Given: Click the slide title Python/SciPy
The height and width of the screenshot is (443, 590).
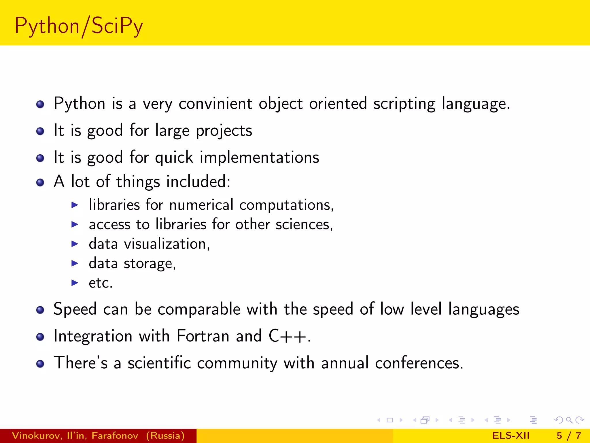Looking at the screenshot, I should point(79,26).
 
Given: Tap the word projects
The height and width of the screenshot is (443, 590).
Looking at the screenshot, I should point(224,131).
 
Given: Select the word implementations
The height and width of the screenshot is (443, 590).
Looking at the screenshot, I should point(259,157).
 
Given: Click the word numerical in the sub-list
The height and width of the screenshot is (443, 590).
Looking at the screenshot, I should point(201,205).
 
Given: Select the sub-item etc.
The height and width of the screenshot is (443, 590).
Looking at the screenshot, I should point(101,283).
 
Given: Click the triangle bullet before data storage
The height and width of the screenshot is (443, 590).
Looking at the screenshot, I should point(75,263).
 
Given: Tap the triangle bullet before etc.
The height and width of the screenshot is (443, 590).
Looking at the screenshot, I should point(75,283).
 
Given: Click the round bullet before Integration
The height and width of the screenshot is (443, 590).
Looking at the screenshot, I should point(40,337).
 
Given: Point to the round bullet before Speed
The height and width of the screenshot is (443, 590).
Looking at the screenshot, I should point(40,310).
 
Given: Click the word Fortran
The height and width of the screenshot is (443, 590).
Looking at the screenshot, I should point(203,336).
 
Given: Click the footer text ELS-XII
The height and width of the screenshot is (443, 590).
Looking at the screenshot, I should point(511,436).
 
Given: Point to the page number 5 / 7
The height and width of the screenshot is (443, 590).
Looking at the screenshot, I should point(569,436).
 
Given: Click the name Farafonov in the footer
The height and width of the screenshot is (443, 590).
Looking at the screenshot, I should point(115,436).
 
